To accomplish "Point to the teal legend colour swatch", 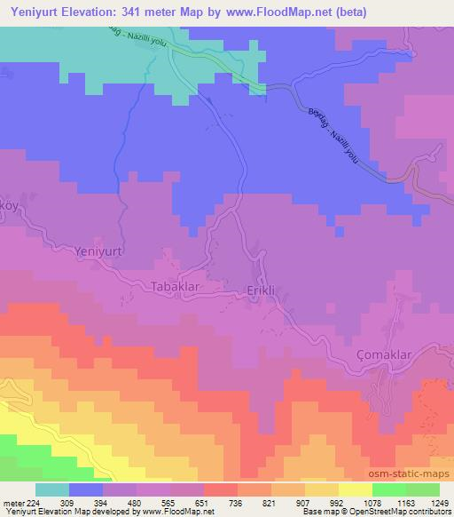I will (x=52, y=489).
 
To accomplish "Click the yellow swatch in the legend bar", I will (x=355, y=489).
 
